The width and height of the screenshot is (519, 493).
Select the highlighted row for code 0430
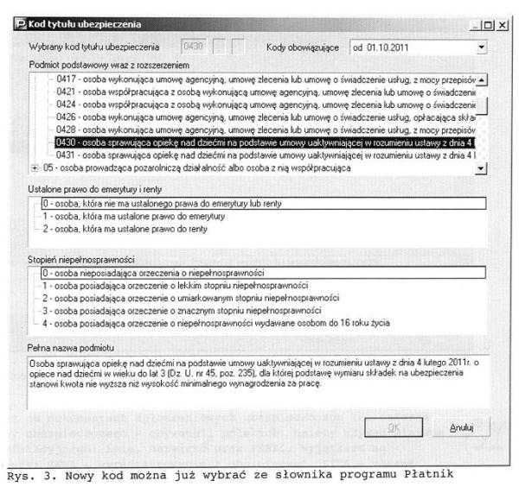[259, 141]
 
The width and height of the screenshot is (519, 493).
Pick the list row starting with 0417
[259, 79]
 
